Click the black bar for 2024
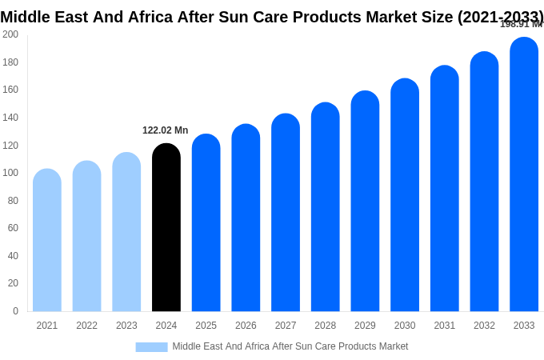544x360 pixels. (166, 228)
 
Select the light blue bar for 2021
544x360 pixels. (47, 240)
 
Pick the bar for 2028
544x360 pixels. (326, 207)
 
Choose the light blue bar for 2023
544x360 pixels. (126, 232)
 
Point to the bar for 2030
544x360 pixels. (405, 195)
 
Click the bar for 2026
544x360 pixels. (246, 218)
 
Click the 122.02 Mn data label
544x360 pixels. (166, 130)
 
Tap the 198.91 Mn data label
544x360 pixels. (521, 24)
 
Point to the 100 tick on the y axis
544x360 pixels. (10, 173)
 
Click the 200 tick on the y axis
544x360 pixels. (10, 34)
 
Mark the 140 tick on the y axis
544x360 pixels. (10, 118)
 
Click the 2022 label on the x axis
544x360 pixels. (86, 326)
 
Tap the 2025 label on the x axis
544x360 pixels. (206, 326)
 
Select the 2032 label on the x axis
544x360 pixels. (484, 326)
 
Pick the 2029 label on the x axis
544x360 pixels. (365, 326)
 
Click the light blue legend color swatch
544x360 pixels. (151, 346)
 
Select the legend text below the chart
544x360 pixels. (290, 346)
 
